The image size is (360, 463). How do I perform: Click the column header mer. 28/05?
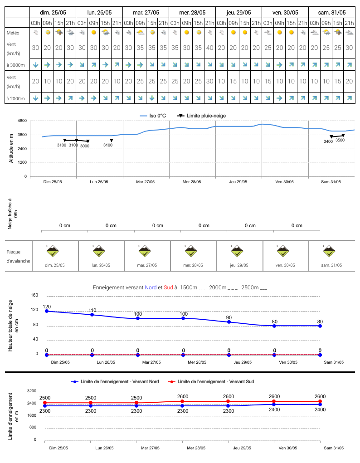pos(192,12)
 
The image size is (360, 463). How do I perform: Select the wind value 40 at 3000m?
pos(209,48)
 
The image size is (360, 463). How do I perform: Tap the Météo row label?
pos(13,33)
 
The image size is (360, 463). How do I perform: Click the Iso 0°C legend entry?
pos(153,116)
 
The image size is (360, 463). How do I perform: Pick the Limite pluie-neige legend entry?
pos(201,116)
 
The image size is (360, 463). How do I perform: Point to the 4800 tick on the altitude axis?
pos(22,121)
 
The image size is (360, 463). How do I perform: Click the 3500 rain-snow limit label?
pos(340,140)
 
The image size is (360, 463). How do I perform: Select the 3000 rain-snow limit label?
pos(85,146)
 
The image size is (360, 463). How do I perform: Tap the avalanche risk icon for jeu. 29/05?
pos(237,251)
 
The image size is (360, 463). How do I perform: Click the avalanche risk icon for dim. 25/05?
pos(53,251)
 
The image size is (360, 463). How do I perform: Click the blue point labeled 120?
pos(47,311)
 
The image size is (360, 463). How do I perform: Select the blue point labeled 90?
pos(229,322)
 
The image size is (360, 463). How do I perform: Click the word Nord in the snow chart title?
pos(151,288)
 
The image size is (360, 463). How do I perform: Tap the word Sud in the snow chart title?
pos(168,288)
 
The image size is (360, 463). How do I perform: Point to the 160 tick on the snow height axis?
pos(34,295)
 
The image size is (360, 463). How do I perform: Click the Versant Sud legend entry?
pos(211,381)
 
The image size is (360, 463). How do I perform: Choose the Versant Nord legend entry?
pos(115,381)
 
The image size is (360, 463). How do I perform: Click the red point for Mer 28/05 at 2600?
pos(182,401)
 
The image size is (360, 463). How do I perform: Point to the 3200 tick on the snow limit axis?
pos(32,391)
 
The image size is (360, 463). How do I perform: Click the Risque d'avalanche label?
pos(18,256)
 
